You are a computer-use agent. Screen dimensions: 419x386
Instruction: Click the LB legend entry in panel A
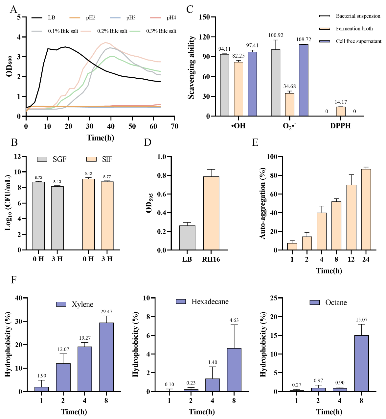coord(51,18)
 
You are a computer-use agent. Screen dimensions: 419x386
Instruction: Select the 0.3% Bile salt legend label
coord(161,31)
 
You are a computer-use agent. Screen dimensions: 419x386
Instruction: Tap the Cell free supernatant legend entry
coord(358,41)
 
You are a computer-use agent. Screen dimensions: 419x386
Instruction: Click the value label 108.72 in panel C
coord(304,39)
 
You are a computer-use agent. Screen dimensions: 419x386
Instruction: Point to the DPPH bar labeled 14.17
coord(341,111)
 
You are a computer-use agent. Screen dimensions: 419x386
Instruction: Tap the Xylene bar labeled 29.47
coord(106,357)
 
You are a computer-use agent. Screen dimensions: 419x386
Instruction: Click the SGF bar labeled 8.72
coord(38,216)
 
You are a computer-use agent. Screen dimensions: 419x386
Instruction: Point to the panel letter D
coord(148,142)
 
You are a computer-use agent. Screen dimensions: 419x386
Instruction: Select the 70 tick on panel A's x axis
coord(174,126)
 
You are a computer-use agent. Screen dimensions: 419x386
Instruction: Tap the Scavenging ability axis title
coord(191,67)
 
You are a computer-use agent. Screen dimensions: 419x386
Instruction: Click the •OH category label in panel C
coord(238,126)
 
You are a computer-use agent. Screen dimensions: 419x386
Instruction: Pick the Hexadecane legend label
coord(210,301)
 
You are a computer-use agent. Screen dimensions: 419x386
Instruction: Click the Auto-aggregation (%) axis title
coord(263,205)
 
